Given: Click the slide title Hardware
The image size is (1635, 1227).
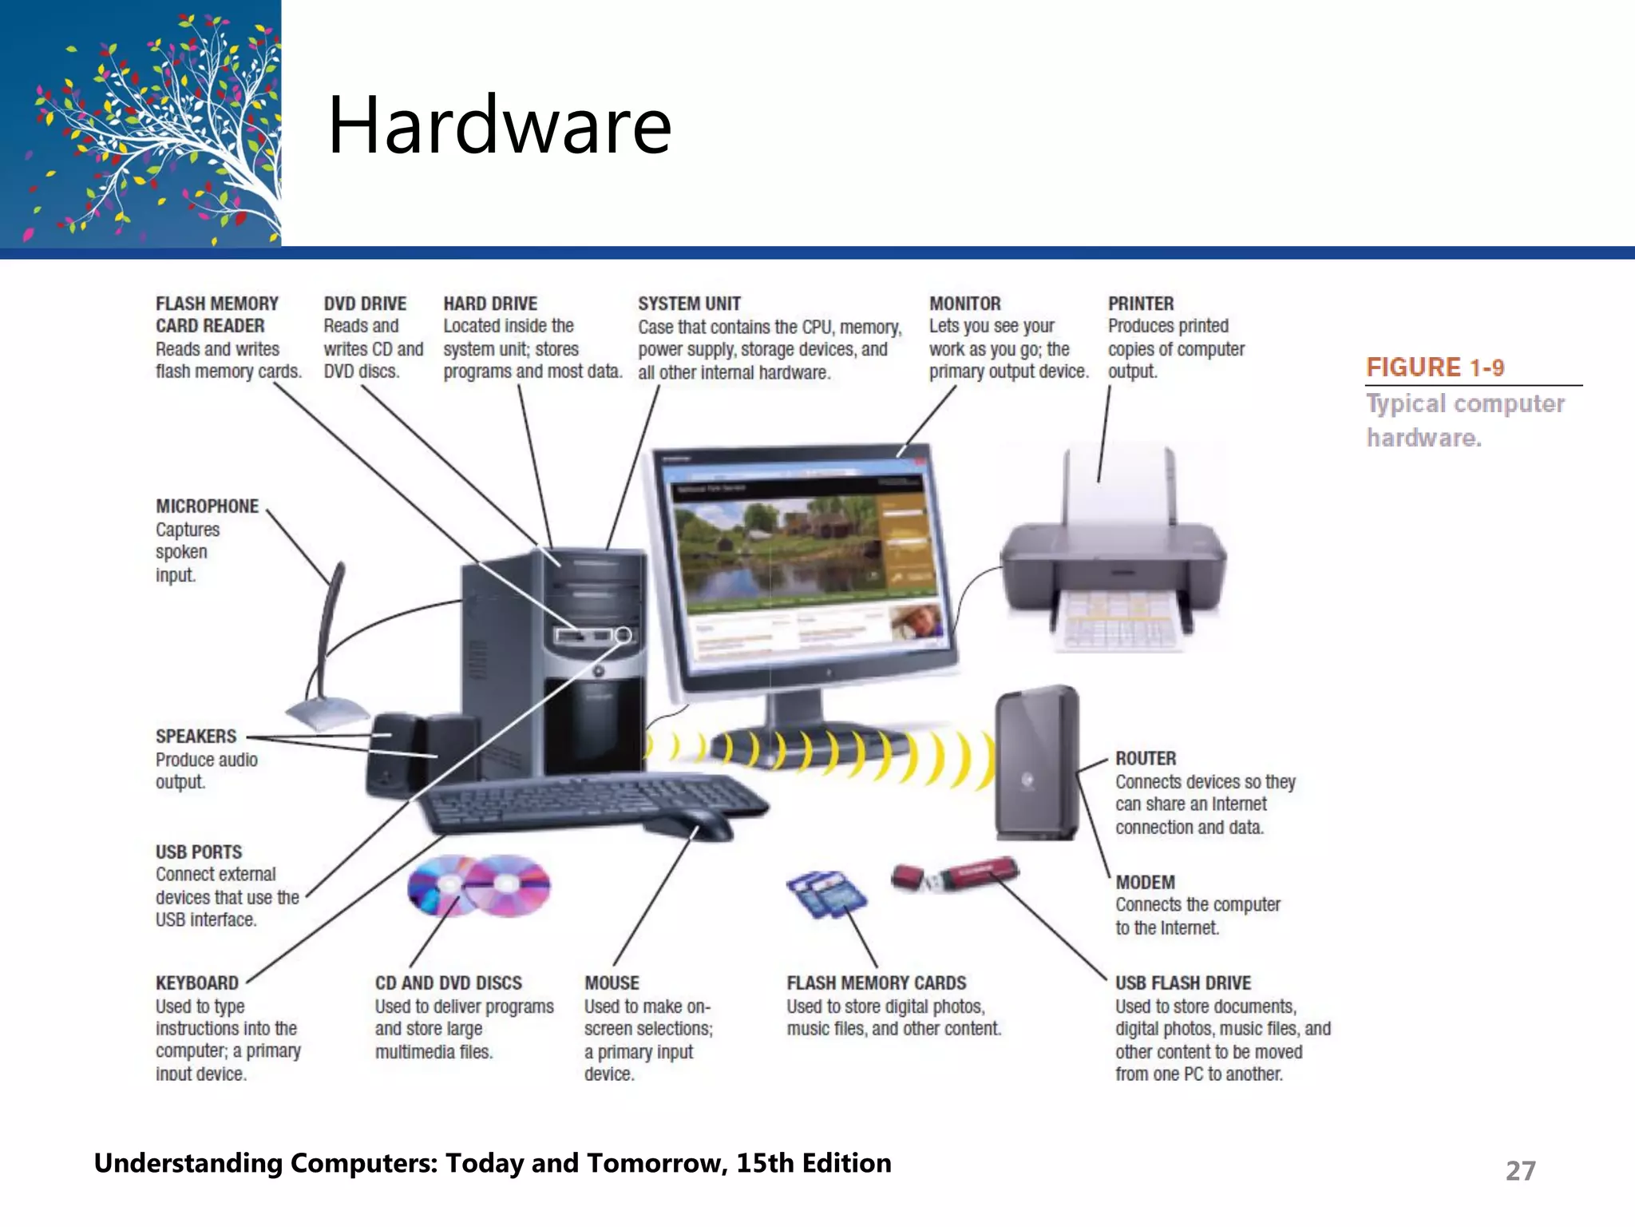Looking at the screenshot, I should [x=500, y=125].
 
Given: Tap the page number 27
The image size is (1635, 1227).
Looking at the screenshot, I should [x=1520, y=1170].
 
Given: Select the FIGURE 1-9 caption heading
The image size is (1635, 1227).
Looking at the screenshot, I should [x=1435, y=367].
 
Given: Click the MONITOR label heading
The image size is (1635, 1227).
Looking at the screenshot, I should [x=964, y=304].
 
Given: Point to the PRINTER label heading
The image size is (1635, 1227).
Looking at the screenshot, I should [x=1140, y=304].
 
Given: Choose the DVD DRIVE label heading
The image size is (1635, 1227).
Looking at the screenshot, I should [x=365, y=304].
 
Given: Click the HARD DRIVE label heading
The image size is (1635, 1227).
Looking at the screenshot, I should [x=490, y=304].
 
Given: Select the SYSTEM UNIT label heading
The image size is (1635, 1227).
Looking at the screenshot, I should [x=689, y=304].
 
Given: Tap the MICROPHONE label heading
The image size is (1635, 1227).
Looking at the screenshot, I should [x=207, y=506].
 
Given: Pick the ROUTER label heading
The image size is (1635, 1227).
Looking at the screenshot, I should [x=1146, y=758].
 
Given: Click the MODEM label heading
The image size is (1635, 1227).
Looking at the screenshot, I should [x=1145, y=882].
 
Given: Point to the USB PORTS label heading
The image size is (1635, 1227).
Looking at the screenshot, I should [x=199, y=852].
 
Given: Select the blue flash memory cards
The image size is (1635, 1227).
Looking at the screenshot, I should [x=826, y=893].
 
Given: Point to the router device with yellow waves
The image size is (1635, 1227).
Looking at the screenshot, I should [x=1036, y=763].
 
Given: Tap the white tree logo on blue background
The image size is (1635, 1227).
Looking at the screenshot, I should [x=152, y=128].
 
